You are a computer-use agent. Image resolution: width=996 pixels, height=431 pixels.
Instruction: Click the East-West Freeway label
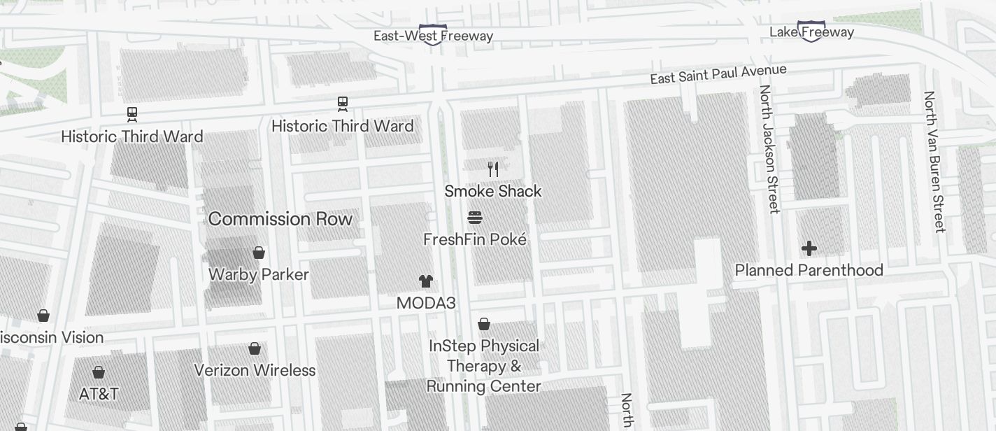click(x=433, y=36)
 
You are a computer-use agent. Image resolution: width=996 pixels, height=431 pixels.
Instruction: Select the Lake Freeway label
click(x=811, y=32)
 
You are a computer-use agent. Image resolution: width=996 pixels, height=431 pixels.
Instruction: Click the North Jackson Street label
click(x=769, y=148)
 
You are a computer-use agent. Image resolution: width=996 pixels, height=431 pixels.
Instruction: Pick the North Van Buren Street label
click(x=934, y=161)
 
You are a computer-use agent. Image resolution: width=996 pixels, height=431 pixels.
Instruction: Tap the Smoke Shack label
click(x=493, y=191)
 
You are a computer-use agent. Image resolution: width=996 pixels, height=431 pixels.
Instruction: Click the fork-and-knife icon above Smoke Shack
click(x=493, y=169)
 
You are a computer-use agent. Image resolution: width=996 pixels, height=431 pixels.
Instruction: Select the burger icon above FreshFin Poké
click(x=475, y=218)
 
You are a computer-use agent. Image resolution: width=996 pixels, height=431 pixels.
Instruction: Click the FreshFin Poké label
click(x=475, y=239)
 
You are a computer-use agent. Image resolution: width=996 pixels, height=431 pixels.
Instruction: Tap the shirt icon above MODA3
click(x=426, y=281)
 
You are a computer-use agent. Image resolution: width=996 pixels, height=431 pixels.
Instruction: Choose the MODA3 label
click(x=426, y=303)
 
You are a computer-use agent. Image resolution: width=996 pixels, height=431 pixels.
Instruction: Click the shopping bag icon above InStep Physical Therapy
click(x=484, y=324)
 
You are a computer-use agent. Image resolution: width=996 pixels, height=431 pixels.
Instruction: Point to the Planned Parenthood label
click(x=809, y=270)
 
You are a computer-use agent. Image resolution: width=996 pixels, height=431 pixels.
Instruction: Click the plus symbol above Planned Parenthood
click(x=809, y=248)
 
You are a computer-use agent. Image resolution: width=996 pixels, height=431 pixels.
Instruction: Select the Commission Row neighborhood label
click(x=280, y=219)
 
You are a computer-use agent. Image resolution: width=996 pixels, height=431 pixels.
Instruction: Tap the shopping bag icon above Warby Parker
click(x=259, y=253)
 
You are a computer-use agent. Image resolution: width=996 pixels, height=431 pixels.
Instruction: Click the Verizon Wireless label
click(x=255, y=370)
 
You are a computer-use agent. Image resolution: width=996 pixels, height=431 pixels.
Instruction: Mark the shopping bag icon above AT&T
click(x=99, y=372)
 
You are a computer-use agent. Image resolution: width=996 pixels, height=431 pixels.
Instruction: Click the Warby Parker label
click(x=259, y=274)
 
